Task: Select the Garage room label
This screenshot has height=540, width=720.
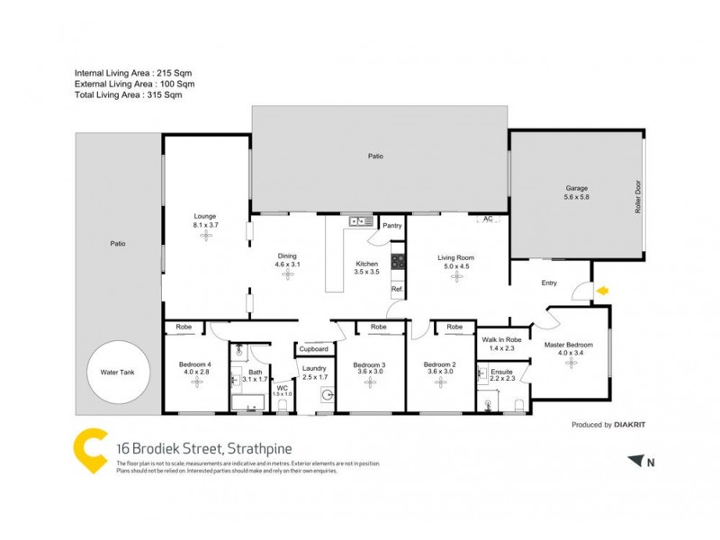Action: (x=576, y=188)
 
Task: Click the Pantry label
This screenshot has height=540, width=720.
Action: (x=391, y=226)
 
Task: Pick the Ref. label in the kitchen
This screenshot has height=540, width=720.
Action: (x=396, y=289)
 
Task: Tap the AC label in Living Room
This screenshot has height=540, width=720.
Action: (x=488, y=219)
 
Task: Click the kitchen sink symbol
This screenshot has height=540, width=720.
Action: (x=362, y=220)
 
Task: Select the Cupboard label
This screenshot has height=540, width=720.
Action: (x=313, y=348)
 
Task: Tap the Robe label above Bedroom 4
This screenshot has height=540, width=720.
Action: (x=184, y=327)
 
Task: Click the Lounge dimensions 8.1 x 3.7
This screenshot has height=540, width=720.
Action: (x=204, y=224)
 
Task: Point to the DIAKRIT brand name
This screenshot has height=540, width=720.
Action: (x=634, y=424)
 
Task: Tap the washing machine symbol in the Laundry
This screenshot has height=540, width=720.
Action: (x=328, y=393)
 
